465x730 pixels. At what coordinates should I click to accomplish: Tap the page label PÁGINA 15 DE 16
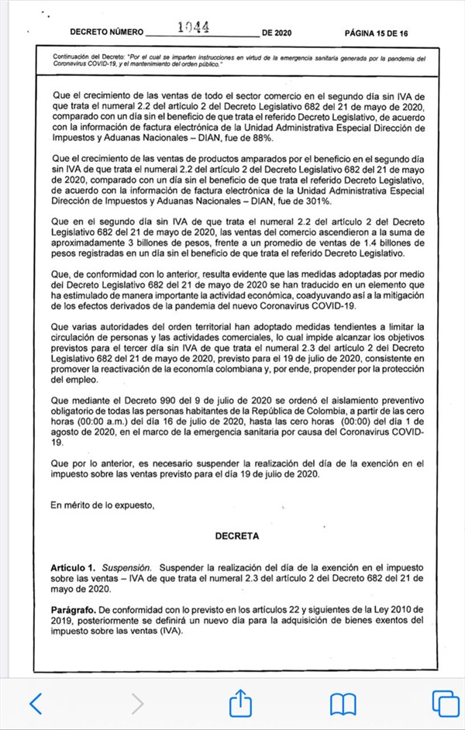click(377, 33)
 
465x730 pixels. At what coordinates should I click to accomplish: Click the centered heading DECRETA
click(238, 535)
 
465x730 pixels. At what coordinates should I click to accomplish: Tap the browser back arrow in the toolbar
click(35, 704)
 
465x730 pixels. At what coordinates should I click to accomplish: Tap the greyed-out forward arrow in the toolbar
click(137, 704)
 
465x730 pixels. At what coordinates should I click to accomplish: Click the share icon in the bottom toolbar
click(240, 703)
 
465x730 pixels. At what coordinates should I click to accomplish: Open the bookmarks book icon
click(343, 704)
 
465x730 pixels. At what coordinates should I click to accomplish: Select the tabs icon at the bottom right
click(445, 704)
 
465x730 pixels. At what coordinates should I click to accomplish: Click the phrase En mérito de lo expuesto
click(102, 505)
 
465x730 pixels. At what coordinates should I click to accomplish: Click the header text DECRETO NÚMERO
click(107, 33)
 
